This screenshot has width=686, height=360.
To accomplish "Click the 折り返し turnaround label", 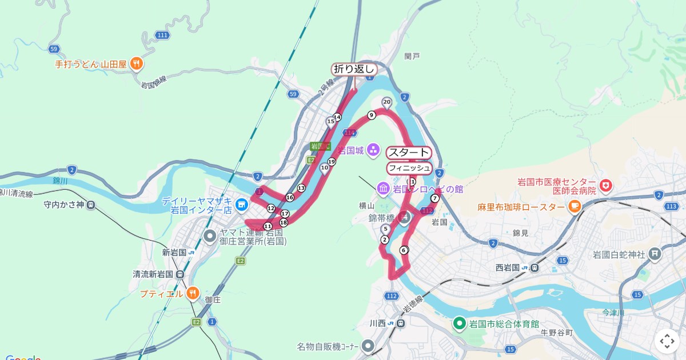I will pyautogui.click(x=354, y=69).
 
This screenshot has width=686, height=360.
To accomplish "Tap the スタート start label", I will pyautogui.click(x=408, y=153).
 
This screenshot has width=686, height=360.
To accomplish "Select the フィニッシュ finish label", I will pyautogui.click(x=409, y=168).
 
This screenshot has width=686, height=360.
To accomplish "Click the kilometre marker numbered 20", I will pyautogui.click(x=386, y=103).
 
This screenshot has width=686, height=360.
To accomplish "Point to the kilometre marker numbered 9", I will pyautogui.click(x=371, y=115).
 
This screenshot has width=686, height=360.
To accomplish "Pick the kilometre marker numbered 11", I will pyautogui.click(x=268, y=226).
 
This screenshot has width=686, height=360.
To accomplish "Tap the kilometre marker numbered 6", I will pyautogui.click(x=404, y=250).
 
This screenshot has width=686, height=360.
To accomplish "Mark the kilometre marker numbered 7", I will pyautogui.click(x=434, y=198).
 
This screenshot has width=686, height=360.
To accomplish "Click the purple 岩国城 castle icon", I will pyautogui.click(x=373, y=150).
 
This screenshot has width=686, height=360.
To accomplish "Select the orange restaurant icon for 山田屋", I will pyautogui.click(x=136, y=64).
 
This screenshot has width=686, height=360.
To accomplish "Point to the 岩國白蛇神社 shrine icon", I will pyautogui.click(x=655, y=253).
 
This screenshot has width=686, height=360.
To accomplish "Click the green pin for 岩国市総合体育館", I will pyautogui.click(x=458, y=324).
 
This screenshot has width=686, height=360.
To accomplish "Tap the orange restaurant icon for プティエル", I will pyautogui.click(x=193, y=294).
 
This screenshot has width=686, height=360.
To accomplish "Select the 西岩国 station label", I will pyautogui.click(x=507, y=267).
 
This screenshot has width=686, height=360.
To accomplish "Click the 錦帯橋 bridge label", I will pyautogui.click(x=381, y=218).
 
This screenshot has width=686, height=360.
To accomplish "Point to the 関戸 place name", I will pyautogui.click(x=412, y=56).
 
